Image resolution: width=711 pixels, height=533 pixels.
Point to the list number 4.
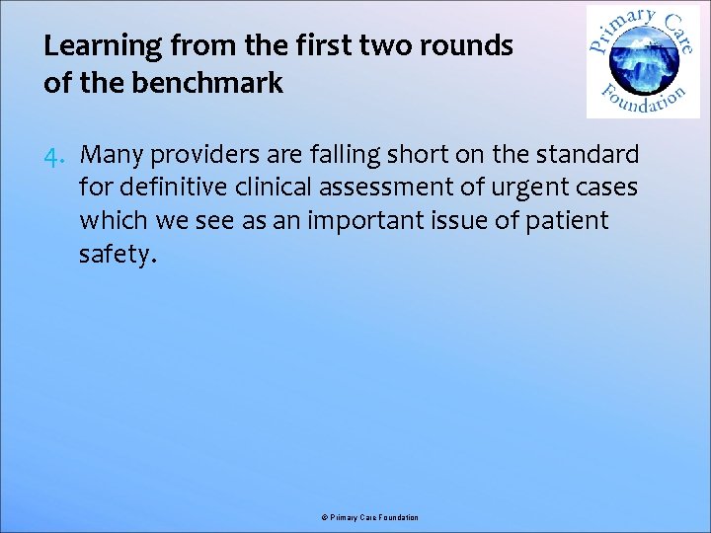54,155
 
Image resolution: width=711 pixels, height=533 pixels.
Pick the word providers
195,155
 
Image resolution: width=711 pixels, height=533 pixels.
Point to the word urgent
524,188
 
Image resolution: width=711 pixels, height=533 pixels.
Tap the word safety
116,255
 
